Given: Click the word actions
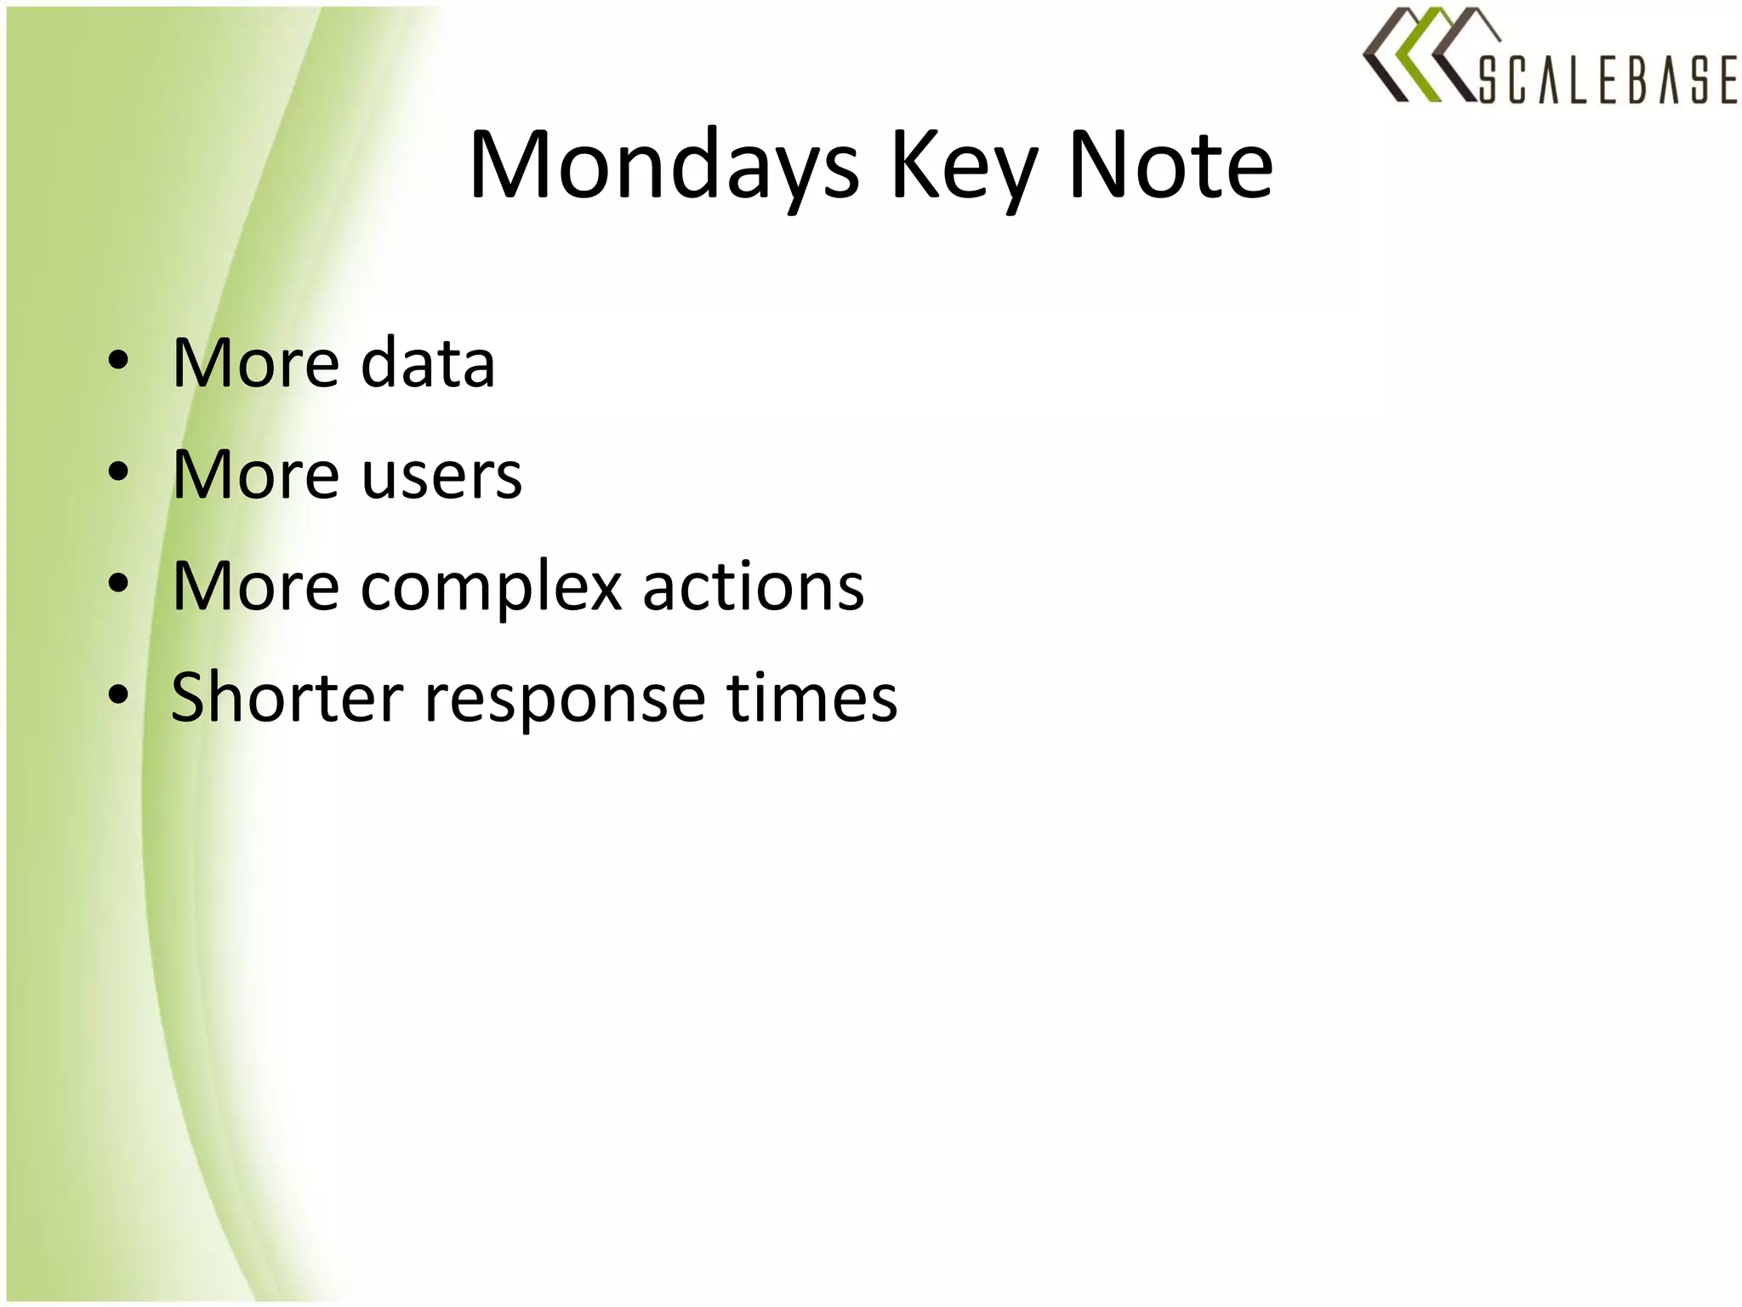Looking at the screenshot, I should click(753, 587).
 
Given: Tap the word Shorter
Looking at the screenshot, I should click(287, 698).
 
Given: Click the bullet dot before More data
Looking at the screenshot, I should click(118, 361).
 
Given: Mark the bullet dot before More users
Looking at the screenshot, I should click(118, 472).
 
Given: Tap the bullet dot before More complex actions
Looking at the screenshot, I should click(118, 584).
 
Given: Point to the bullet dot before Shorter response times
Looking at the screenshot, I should click(118, 695).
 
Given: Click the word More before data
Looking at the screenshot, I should click(256, 363).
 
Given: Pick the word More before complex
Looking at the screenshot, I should click(256, 587).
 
